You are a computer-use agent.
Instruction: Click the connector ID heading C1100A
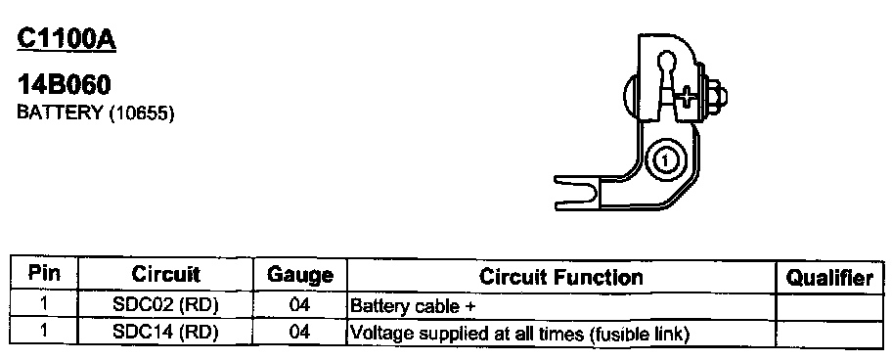tap(67, 39)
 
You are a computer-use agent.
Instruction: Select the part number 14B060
tap(64, 85)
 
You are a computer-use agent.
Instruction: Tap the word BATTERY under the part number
tap(59, 112)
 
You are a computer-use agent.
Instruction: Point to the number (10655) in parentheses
tap(139, 113)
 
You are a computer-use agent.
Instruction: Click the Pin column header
tap(44, 274)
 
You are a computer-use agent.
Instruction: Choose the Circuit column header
tap(165, 274)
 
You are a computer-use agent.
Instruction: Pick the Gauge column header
tap(300, 275)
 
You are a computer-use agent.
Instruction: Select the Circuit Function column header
tap(560, 277)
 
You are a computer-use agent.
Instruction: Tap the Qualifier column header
tap(829, 278)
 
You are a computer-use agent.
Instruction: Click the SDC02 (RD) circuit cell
tap(165, 305)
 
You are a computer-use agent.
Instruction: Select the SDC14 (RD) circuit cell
tap(165, 333)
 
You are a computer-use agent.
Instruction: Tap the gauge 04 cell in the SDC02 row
tap(299, 305)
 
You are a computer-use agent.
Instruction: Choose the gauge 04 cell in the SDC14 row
tap(299, 333)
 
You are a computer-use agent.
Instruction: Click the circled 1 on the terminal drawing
tap(664, 162)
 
